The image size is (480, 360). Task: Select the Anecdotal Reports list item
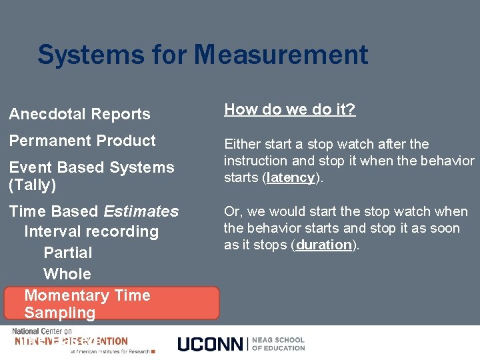point(79,115)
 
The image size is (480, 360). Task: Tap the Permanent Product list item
point(82,141)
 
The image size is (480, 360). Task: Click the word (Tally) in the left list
point(32,185)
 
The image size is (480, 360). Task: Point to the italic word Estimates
point(141,211)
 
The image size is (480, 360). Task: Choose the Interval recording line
point(91,232)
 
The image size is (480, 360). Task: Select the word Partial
point(67,253)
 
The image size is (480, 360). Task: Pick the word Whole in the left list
point(67,274)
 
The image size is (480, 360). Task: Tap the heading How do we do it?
point(290,110)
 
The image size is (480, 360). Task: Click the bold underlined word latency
point(290,178)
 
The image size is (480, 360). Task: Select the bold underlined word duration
point(324,245)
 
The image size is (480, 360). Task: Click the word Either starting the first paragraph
point(242,144)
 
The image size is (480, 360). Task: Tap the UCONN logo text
point(210,344)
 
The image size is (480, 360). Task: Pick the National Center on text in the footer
point(41,331)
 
